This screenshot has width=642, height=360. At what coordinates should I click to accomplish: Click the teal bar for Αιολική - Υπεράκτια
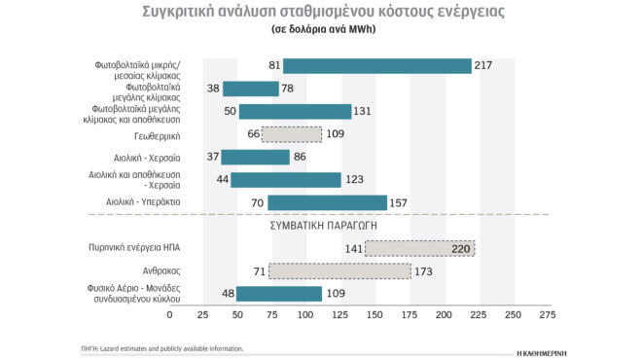[327, 202]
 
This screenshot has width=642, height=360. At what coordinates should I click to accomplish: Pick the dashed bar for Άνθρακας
[339, 270]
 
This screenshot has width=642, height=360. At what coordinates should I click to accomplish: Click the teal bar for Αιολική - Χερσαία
[255, 157]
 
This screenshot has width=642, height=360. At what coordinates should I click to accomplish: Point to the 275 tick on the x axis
[547, 315]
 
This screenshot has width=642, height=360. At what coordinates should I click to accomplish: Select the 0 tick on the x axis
[169, 315]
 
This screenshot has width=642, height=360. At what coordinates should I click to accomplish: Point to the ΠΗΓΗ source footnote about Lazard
[161, 347]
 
